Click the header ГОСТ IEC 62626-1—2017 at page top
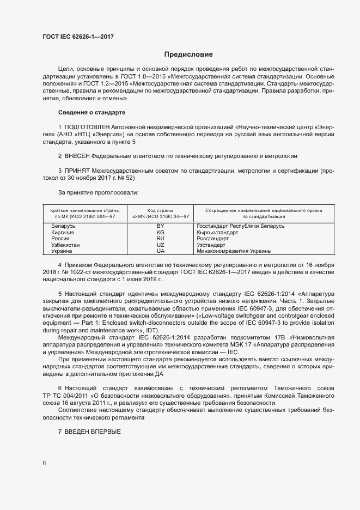[78, 36]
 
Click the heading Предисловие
[188, 54]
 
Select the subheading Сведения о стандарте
[91, 112]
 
